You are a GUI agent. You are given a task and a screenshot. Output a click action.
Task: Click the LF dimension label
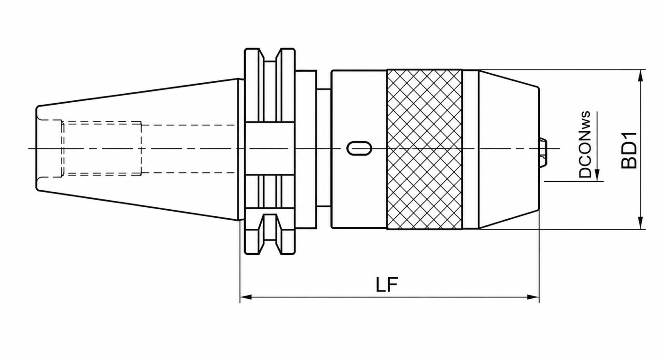(386, 286)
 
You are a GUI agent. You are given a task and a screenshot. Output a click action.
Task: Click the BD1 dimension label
(629, 150)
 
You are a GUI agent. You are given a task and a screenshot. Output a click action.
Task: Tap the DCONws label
(585, 145)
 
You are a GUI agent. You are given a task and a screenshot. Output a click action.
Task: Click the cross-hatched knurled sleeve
(424, 149)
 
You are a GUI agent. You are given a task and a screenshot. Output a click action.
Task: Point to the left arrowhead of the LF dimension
(246, 297)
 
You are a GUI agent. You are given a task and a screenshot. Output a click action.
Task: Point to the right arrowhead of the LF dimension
(533, 297)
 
